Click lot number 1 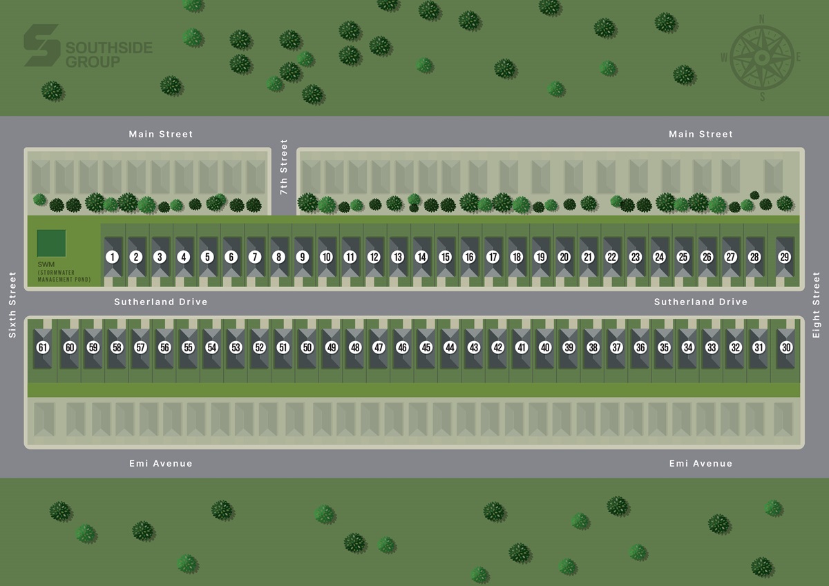[112, 257]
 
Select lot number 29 [784, 257]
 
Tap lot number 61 [43, 347]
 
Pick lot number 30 [786, 347]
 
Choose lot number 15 [445, 257]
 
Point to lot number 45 [426, 347]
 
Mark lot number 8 [278, 257]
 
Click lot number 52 [259, 347]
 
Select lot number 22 [611, 257]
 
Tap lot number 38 [593, 347]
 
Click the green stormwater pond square [52, 243]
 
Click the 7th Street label [284, 167]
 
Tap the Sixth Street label [12, 304]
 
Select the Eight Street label [817, 304]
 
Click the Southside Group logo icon [41, 46]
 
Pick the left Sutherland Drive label [161, 302]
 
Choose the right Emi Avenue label [701, 463]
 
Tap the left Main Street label [161, 134]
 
